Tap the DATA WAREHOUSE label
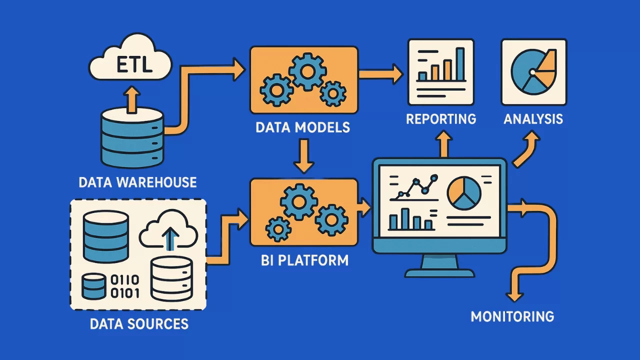(138, 182)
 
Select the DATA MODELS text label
(302, 127)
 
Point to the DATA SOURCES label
(139, 324)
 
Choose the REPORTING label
(440, 119)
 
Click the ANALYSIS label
(533, 119)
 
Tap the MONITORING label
(512, 316)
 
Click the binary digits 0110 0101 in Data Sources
(125, 286)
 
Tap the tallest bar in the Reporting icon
(460, 63)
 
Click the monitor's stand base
(439, 273)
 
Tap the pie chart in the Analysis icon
(533, 72)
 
